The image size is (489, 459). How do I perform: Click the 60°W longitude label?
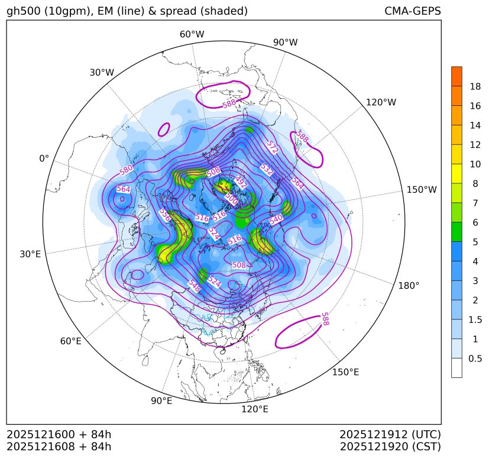click(x=192, y=34)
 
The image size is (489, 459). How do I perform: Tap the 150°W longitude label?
click(x=422, y=190)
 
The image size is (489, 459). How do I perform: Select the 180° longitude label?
click(x=409, y=286)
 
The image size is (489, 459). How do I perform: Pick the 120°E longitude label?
click(x=255, y=409)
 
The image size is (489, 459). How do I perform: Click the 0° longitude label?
click(x=44, y=159)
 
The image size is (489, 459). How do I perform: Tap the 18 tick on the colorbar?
click(x=475, y=86)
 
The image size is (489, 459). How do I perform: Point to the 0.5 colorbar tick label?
click(x=475, y=358)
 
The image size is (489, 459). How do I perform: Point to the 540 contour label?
click(x=276, y=219)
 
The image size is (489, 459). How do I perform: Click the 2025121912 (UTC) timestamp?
click(x=390, y=434)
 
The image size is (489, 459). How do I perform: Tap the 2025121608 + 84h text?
click(x=59, y=446)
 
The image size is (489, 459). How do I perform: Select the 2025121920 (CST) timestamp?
click(x=390, y=446)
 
